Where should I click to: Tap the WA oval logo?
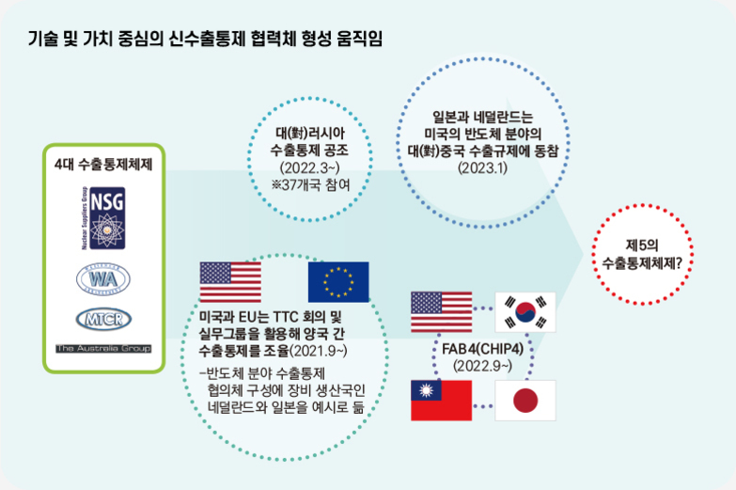[x=103, y=279]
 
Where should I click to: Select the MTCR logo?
[x=103, y=319]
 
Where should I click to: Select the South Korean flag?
[x=525, y=311]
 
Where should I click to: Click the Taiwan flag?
[x=441, y=401]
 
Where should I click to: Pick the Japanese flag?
[x=525, y=401]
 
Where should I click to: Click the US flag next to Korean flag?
[x=441, y=311]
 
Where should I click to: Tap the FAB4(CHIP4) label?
[x=483, y=350]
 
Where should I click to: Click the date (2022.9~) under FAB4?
[x=483, y=365]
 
